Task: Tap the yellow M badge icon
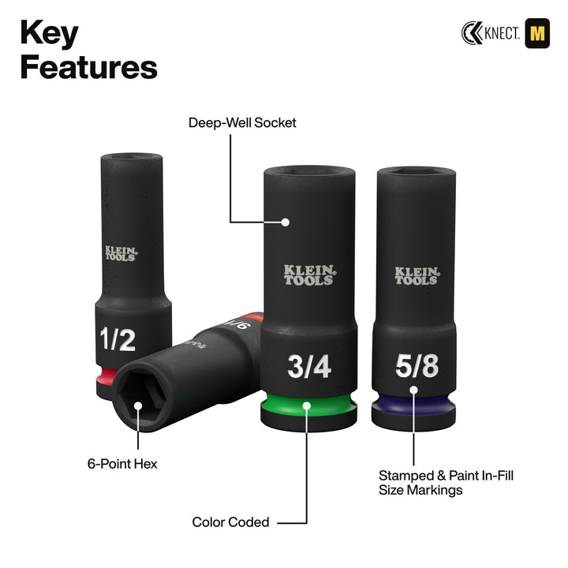(536, 32)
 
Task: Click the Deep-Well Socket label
(242, 123)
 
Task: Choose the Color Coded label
(230, 522)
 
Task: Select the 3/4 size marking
(308, 366)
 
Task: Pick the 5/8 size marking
(415, 365)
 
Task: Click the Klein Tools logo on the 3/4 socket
(308, 274)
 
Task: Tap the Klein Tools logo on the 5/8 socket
(416, 275)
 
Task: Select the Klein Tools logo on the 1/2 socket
(120, 252)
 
